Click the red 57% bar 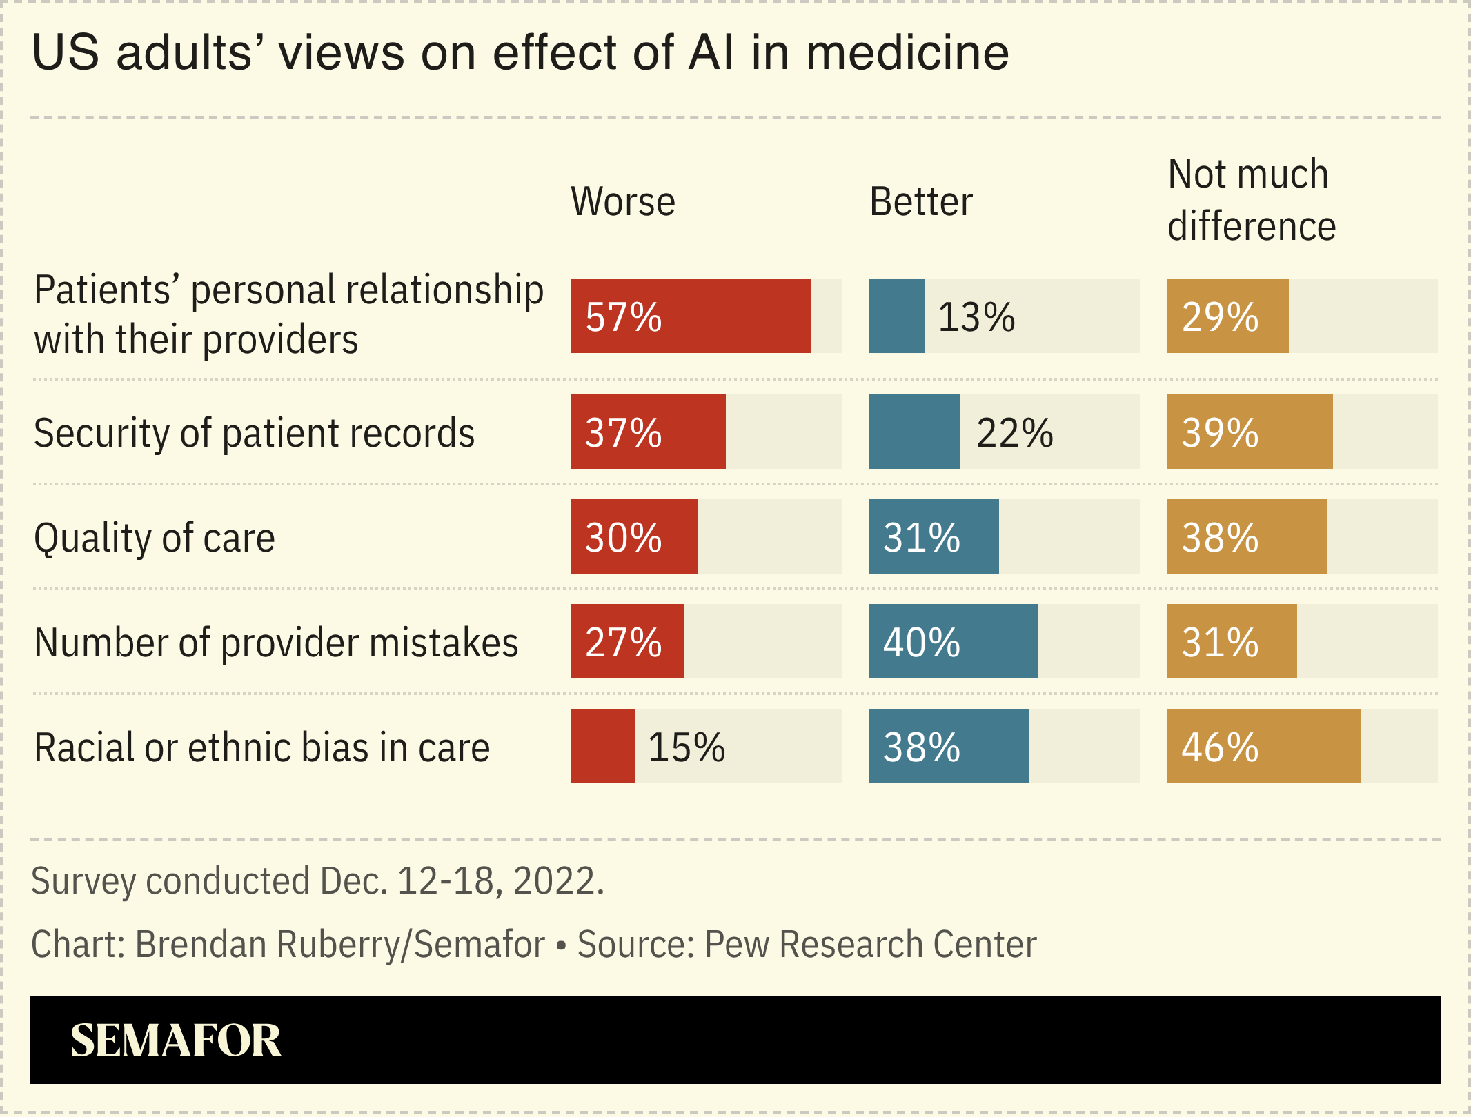pos(691,316)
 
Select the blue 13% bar pos(896,316)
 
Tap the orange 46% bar pos(1263,746)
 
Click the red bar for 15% pos(602,746)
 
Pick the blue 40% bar pos(953,641)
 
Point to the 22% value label pos(1014,433)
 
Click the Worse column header pos(623,202)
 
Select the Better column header pos(921,202)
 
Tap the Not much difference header pos(1251,200)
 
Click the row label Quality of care pos(155,538)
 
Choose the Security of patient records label pos(254,433)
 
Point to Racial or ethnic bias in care pos(261,747)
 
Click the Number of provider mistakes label pos(276,643)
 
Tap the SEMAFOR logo pos(175,1040)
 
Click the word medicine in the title pos(908,52)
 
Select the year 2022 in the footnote pos(555,881)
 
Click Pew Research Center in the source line pos(870,944)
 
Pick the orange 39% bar pos(1250,432)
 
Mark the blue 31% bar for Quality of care pos(934,536)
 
